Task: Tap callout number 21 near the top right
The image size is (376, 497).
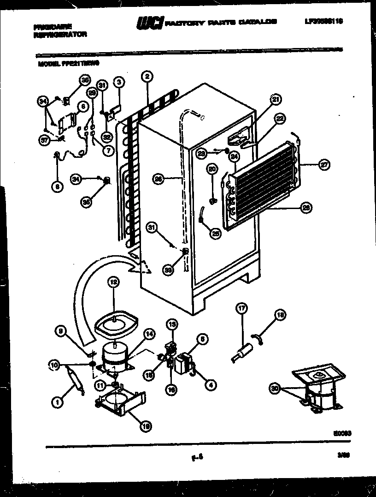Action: pos(276,99)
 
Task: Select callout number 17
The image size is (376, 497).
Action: pos(240,309)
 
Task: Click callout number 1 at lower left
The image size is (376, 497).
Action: pos(58,403)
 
